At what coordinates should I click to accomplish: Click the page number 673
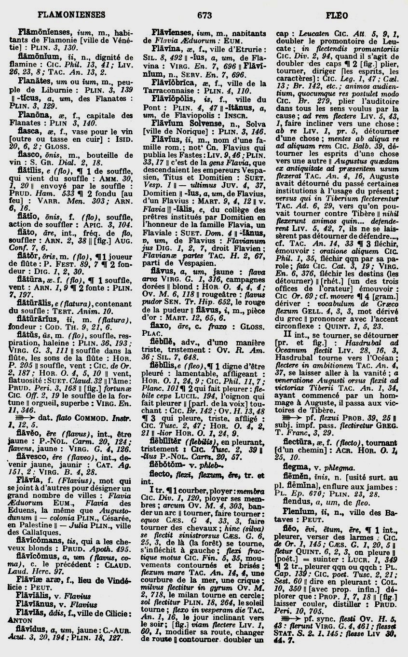[x=204, y=15]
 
